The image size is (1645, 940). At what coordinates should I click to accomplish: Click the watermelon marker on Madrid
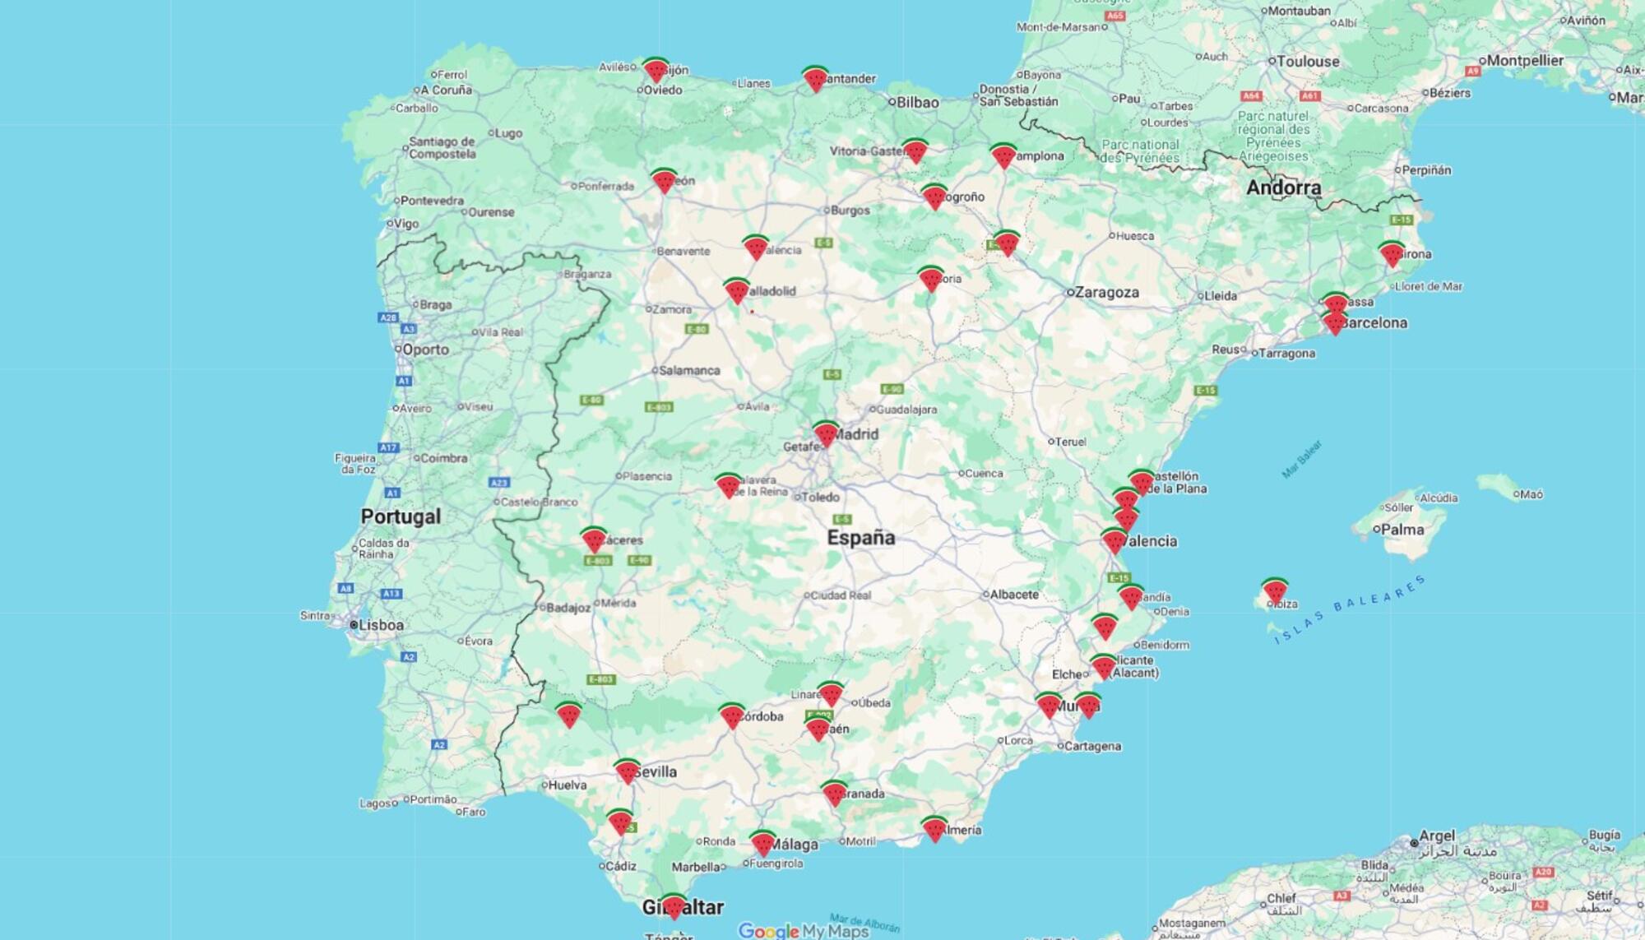(826, 433)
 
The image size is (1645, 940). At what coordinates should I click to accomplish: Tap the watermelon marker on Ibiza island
(1275, 590)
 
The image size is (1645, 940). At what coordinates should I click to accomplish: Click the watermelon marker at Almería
(934, 828)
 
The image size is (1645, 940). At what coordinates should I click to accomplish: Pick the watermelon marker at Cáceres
(593, 539)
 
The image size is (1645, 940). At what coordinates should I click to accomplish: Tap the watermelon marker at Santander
(814, 79)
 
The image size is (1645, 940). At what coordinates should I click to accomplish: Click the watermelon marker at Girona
(1391, 254)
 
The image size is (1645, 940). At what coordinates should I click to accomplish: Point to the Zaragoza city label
(1107, 292)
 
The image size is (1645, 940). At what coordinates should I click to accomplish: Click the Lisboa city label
(381, 625)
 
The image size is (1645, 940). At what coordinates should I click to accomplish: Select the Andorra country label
(1283, 188)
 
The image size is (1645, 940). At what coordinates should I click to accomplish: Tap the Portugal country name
(401, 516)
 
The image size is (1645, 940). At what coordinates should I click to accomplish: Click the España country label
(860, 538)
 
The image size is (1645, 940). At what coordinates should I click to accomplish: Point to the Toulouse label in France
(1308, 61)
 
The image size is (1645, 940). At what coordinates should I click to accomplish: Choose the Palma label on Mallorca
(1402, 530)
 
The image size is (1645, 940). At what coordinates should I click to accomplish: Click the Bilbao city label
(917, 102)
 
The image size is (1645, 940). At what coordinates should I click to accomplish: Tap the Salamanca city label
(689, 370)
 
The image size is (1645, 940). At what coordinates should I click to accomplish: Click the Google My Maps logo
(803, 930)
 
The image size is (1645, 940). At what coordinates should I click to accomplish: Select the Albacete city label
(1014, 594)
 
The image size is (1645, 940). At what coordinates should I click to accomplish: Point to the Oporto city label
(425, 350)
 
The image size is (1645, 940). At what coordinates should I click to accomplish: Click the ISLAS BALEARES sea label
(1350, 609)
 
